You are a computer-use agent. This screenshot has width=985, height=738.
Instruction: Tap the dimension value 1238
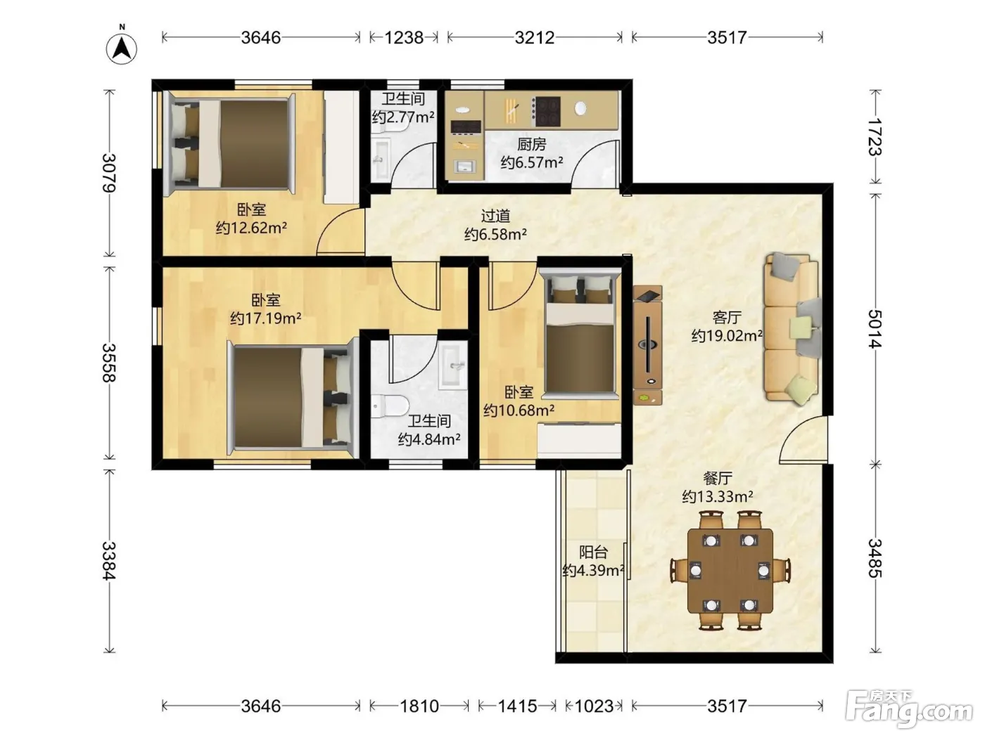(x=404, y=38)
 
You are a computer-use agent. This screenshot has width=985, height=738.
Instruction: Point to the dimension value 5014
(x=875, y=328)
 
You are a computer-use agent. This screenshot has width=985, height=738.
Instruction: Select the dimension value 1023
(x=594, y=706)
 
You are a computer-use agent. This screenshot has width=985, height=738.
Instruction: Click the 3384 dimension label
(x=108, y=561)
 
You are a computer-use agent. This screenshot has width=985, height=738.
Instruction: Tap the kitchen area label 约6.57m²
(x=532, y=162)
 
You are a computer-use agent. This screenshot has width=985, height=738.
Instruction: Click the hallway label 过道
(x=495, y=216)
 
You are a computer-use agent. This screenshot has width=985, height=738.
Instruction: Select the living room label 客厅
(x=727, y=317)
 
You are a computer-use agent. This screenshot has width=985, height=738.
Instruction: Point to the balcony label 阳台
(x=593, y=552)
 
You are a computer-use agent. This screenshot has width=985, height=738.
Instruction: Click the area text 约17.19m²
(x=266, y=318)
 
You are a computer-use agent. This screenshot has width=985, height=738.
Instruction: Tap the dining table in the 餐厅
(x=730, y=571)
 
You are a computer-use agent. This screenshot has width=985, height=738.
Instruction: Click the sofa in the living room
(x=792, y=328)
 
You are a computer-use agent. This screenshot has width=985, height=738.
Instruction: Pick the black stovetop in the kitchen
(x=546, y=111)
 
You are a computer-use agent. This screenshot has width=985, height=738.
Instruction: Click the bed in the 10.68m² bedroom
(x=580, y=332)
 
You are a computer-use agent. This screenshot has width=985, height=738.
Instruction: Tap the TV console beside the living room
(x=647, y=345)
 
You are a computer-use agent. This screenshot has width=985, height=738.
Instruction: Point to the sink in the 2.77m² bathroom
(x=381, y=159)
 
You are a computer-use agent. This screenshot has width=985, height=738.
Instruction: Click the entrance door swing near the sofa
(x=803, y=439)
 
